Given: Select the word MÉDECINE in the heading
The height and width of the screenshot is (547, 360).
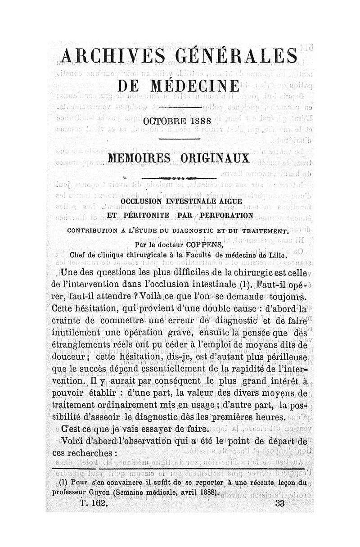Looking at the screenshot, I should click(x=198, y=87).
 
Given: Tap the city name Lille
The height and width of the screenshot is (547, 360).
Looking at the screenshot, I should click(x=278, y=254).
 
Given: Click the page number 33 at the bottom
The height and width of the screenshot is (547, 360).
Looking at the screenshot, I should click(x=280, y=504).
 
